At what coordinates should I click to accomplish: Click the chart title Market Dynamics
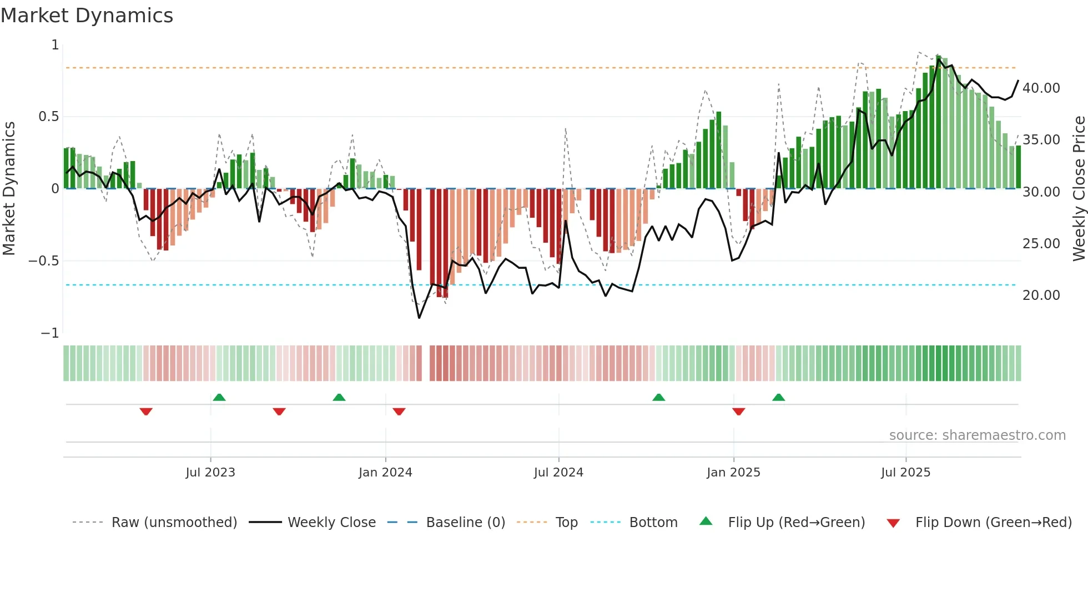87,16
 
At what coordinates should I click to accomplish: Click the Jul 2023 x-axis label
210,473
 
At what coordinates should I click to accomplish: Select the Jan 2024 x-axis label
385,473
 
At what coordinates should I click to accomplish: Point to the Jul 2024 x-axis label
558,473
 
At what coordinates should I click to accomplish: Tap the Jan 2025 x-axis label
733,473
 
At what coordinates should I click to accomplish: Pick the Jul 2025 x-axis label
905,473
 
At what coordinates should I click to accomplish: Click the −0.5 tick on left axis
43,261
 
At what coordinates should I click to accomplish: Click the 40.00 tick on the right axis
1041,88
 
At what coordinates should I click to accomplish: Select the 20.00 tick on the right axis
1041,295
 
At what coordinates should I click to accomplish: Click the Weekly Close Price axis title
1079,189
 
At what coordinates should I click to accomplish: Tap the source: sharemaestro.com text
977,435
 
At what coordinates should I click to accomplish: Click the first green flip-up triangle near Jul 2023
219,397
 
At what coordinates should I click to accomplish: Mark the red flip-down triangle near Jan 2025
738,412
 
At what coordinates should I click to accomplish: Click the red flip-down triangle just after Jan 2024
399,412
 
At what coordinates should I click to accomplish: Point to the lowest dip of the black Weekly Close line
419,318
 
